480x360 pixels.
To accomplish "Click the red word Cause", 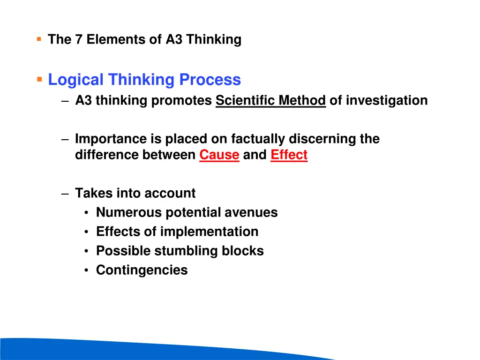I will coord(219,155).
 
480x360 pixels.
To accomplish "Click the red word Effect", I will coord(289,155).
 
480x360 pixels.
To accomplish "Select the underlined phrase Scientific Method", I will coord(270,101).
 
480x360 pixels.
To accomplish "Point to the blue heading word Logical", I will coord(76,80).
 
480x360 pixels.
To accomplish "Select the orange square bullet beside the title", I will coord(39,39).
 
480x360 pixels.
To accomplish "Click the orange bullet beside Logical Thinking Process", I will coord(39,79).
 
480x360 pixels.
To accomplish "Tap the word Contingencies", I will coord(142,270).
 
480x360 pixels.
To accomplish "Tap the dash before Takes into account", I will coord(65,194).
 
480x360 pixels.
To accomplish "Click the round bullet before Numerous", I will coord(87,213).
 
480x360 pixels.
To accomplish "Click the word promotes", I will coord(181,101).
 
